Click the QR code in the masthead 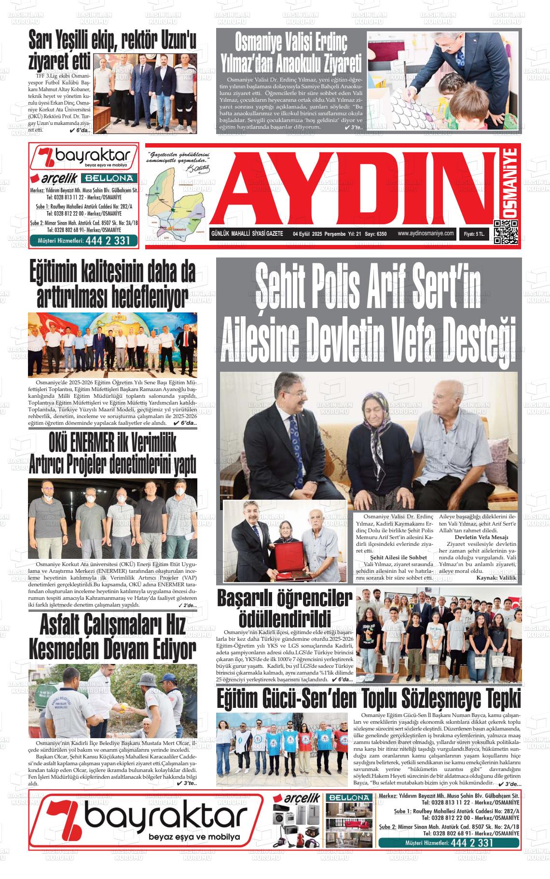(506, 232)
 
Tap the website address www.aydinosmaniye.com (426, 233)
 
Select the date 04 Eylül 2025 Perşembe (319, 234)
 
